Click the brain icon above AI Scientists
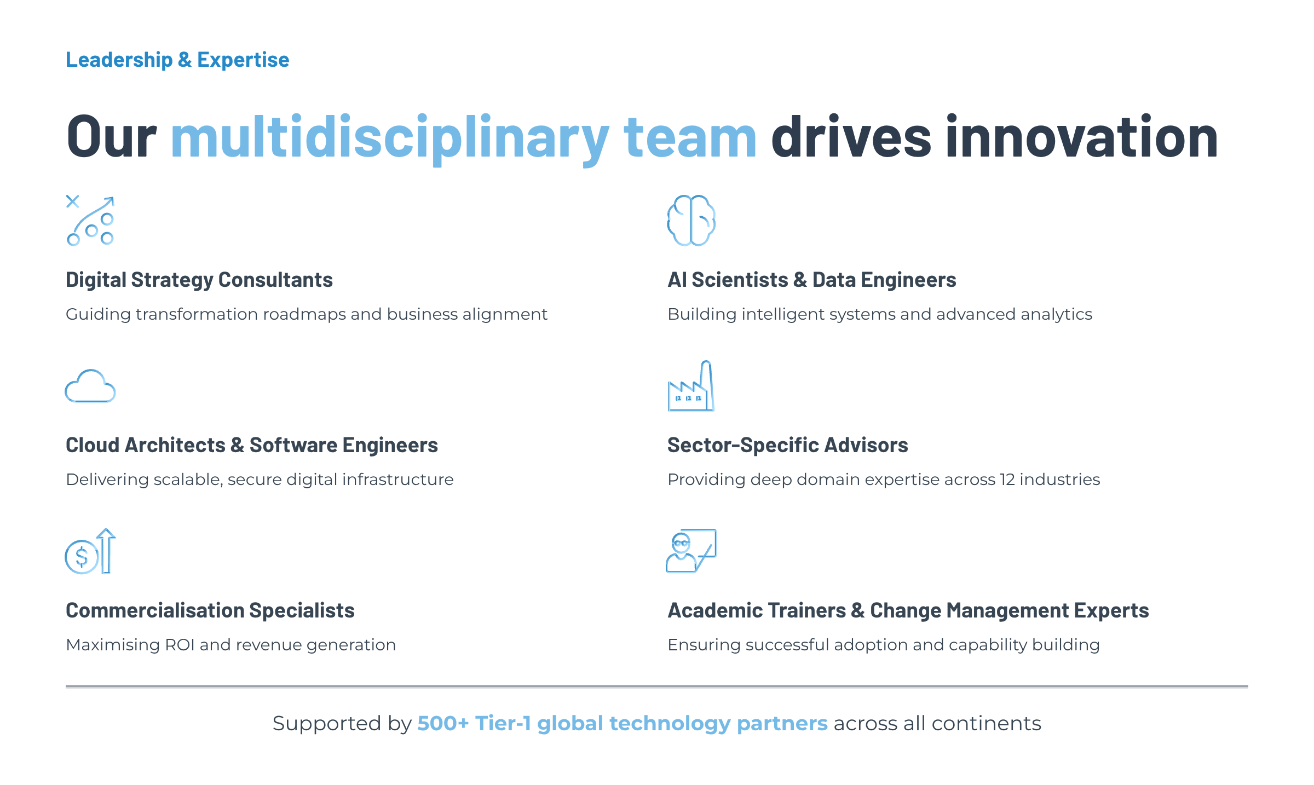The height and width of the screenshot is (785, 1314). pyautogui.click(x=691, y=220)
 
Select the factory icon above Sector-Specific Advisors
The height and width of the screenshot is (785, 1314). pyautogui.click(x=691, y=386)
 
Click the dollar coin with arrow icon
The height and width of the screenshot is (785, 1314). pyautogui.click(x=90, y=551)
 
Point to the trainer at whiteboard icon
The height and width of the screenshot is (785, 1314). pyautogui.click(x=691, y=551)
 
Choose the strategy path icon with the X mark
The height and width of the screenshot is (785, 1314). pyautogui.click(x=90, y=220)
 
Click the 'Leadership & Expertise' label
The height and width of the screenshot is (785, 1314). pyautogui.click(x=177, y=60)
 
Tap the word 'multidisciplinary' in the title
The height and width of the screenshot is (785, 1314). pyautogui.click(x=390, y=137)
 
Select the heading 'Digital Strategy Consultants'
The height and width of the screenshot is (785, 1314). pyautogui.click(x=199, y=280)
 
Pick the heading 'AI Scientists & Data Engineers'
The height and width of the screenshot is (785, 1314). pyautogui.click(x=812, y=280)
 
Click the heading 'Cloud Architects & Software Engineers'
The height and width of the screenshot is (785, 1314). pyautogui.click(x=252, y=445)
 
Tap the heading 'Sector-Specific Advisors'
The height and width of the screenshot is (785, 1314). pyautogui.click(x=788, y=445)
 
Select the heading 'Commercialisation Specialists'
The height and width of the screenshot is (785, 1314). pyautogui.click(x=210, y=610)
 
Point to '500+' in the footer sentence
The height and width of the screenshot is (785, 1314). pyautogui.click(x=443, y=723)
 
